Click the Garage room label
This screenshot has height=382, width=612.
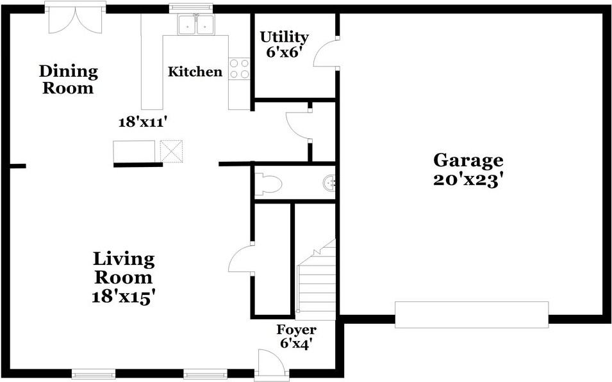pos(468,160)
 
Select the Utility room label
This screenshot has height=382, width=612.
pos(284,37)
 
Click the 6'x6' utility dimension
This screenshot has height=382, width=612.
pos(284,52)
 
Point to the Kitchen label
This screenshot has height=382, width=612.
pos(195,72)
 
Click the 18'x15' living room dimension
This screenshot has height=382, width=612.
pos(124,297)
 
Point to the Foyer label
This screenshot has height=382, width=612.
pos(296,330)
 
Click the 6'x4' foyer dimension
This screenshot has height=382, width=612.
pos(296,343)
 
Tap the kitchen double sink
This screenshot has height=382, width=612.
pos(196,25)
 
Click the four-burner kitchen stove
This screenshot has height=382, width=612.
pos(239,68)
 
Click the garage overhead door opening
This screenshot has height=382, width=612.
pos(472,315)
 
